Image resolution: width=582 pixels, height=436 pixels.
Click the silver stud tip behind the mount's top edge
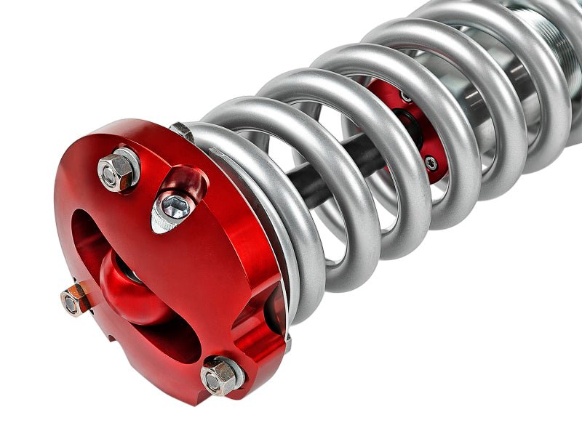tap(181, 132)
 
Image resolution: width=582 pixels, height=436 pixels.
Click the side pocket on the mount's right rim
tap(262, 320)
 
